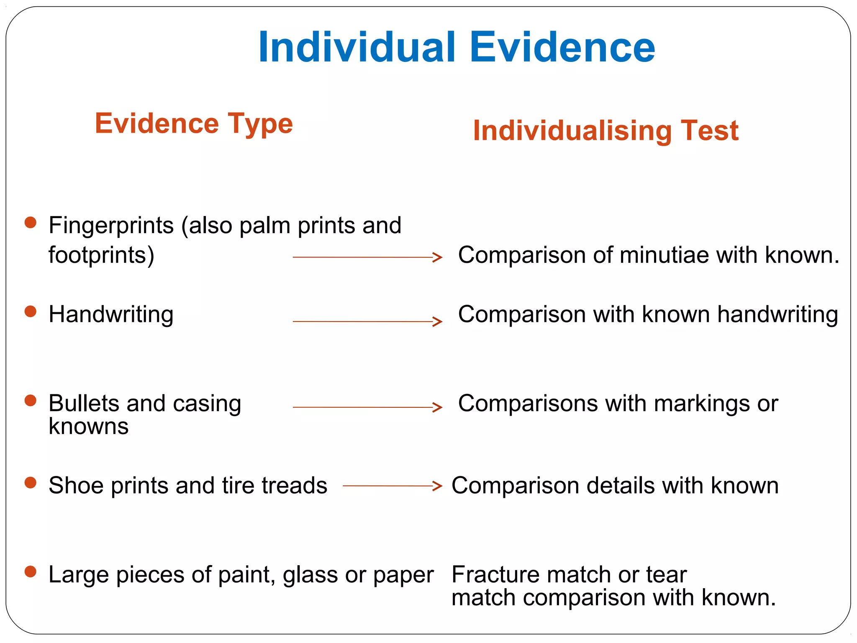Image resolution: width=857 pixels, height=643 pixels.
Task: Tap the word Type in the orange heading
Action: click(260, 124)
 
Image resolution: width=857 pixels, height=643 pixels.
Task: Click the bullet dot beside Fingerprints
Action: click(31, 222)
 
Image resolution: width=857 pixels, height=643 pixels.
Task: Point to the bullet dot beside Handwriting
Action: click(31, 311)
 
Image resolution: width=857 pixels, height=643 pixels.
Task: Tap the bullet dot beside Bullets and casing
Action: click(31, 400)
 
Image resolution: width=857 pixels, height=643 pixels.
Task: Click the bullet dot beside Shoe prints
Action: click(31, 483)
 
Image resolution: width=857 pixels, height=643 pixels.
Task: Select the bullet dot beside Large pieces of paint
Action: click(31, 571)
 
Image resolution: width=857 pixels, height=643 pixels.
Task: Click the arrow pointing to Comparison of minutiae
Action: click(367, 257)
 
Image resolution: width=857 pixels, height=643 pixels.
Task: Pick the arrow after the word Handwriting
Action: click(367, 321)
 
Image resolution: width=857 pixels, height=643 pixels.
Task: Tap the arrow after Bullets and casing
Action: click(367, 407)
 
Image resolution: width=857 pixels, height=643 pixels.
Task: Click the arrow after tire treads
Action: click(392, 486)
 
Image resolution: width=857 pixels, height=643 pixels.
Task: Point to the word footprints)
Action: click(101, 255)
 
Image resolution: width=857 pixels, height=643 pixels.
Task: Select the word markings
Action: click(701, 404)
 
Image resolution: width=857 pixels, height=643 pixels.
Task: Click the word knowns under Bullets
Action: click(88, 427)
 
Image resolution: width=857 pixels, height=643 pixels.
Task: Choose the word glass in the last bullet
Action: click(310, 575)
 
